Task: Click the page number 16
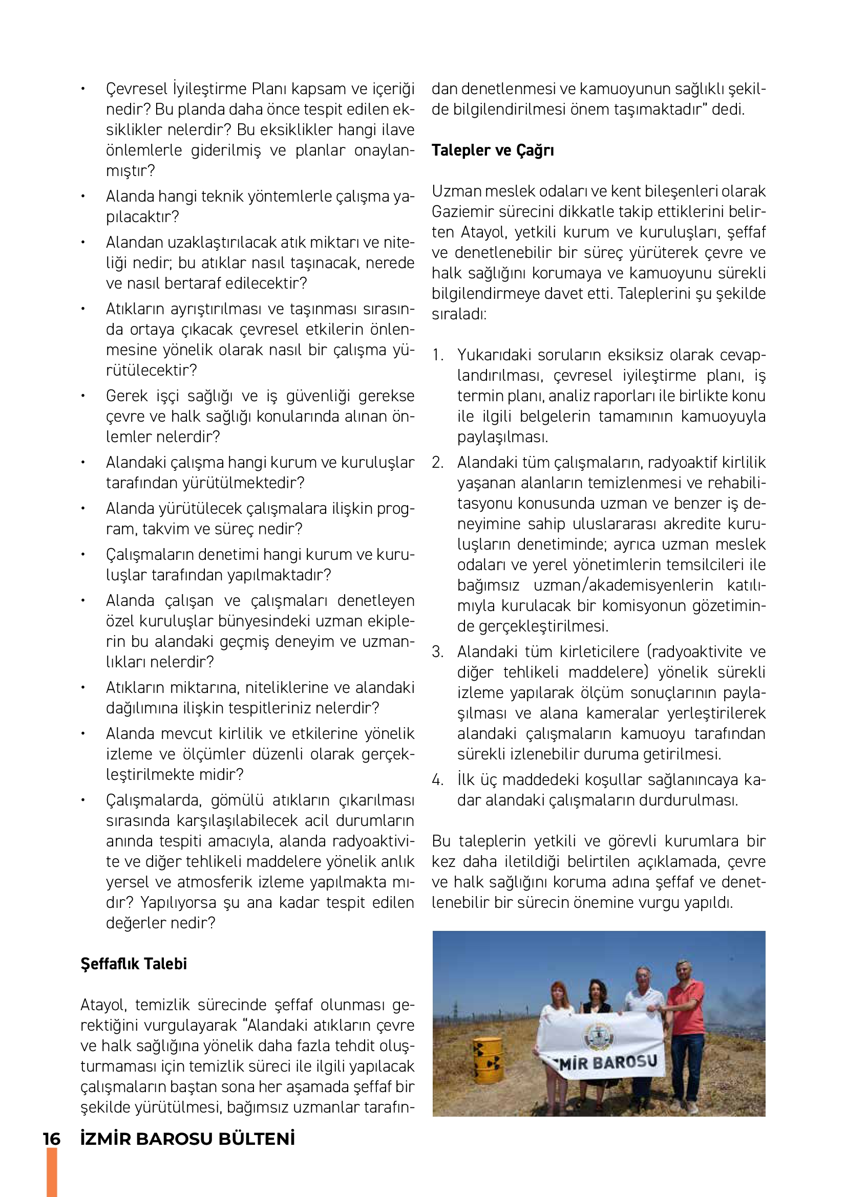point(52,1139)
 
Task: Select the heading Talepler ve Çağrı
point(492,150)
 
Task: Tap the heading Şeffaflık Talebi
point(134,964)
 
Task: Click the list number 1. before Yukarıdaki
point(437,355)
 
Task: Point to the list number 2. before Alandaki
point(437,463)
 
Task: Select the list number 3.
point(437,651)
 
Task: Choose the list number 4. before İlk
point(437,780)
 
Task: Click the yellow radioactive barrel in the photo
point(488,1058)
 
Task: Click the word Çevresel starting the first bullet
point(137,89)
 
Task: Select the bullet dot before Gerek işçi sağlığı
point(83,396)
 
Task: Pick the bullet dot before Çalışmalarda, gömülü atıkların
point(83,800)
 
